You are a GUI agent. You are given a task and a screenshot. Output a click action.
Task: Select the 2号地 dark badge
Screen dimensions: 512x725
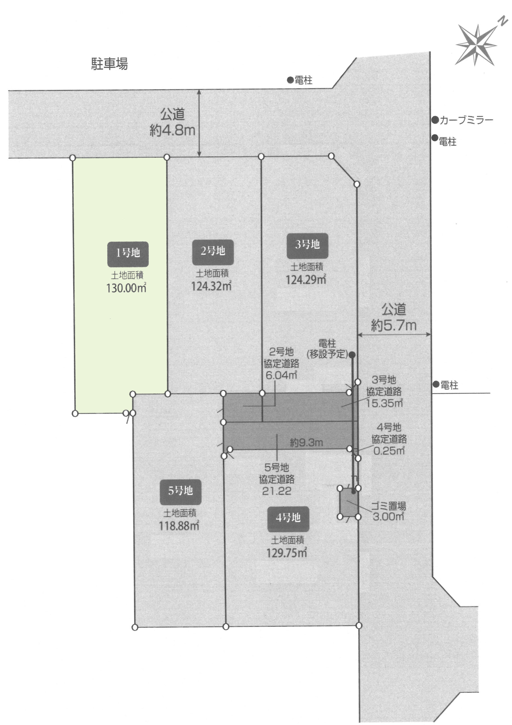[213, 252]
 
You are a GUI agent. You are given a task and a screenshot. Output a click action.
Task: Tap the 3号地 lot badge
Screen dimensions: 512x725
[307, 246]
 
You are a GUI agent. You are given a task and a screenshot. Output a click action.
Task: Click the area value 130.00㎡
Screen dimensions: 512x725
[126, 288]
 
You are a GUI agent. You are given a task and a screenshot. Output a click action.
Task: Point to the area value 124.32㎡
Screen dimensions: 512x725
[211, 286]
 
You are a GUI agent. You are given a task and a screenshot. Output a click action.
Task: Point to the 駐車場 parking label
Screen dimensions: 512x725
[110, 64]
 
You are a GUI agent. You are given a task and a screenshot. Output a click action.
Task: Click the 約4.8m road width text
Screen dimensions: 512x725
[173, 130]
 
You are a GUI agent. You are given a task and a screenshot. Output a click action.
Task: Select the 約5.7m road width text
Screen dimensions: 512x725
[394, 325]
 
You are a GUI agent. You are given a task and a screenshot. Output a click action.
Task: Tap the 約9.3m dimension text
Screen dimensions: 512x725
[306, 443]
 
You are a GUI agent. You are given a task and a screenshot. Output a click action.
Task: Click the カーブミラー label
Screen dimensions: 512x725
[466, 120]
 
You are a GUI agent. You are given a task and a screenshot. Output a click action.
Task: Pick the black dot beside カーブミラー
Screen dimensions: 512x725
[435, 120]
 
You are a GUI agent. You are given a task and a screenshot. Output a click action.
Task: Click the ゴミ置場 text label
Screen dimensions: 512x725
[388, 506]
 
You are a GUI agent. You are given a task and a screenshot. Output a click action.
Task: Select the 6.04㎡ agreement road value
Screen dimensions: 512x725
[281, 375]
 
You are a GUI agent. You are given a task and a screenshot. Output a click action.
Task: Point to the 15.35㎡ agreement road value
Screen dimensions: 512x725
[384, 403]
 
